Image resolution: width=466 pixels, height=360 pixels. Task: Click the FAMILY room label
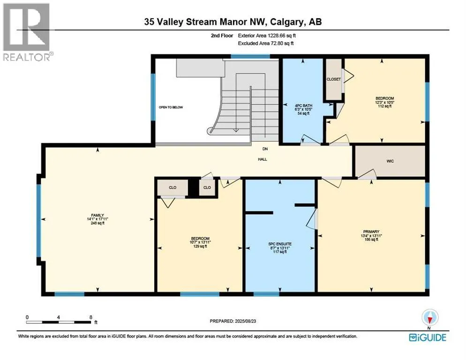[x=98, y=215]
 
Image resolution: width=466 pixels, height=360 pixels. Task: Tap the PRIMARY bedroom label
[x=371, y=232]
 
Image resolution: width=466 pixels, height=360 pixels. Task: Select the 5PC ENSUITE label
[x=280, y=244]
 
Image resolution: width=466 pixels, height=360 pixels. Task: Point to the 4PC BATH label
[x=303, y=105]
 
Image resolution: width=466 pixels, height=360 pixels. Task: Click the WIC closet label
[x=390, y=161]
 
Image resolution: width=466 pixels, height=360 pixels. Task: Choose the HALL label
[x=263, y=159]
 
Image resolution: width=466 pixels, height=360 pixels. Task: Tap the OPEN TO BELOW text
[x=171, y=107]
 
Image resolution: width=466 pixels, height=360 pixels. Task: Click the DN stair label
[x=265, y=149]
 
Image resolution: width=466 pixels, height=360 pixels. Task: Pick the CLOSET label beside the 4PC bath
[x=334, y=79]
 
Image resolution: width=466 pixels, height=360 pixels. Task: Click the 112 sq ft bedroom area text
[x=385, y=106]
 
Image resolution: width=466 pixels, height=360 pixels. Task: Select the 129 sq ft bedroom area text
[x=200, y=246]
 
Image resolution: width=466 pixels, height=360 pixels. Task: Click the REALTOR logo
[x=27, y=32]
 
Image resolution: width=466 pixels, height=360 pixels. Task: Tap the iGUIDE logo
[x=428, y=337]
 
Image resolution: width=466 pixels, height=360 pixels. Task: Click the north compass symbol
[x=430, y=317]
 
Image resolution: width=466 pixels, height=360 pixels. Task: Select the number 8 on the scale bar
[x=91, y=317]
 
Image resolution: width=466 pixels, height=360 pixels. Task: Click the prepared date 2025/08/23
[x=245, y=321]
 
